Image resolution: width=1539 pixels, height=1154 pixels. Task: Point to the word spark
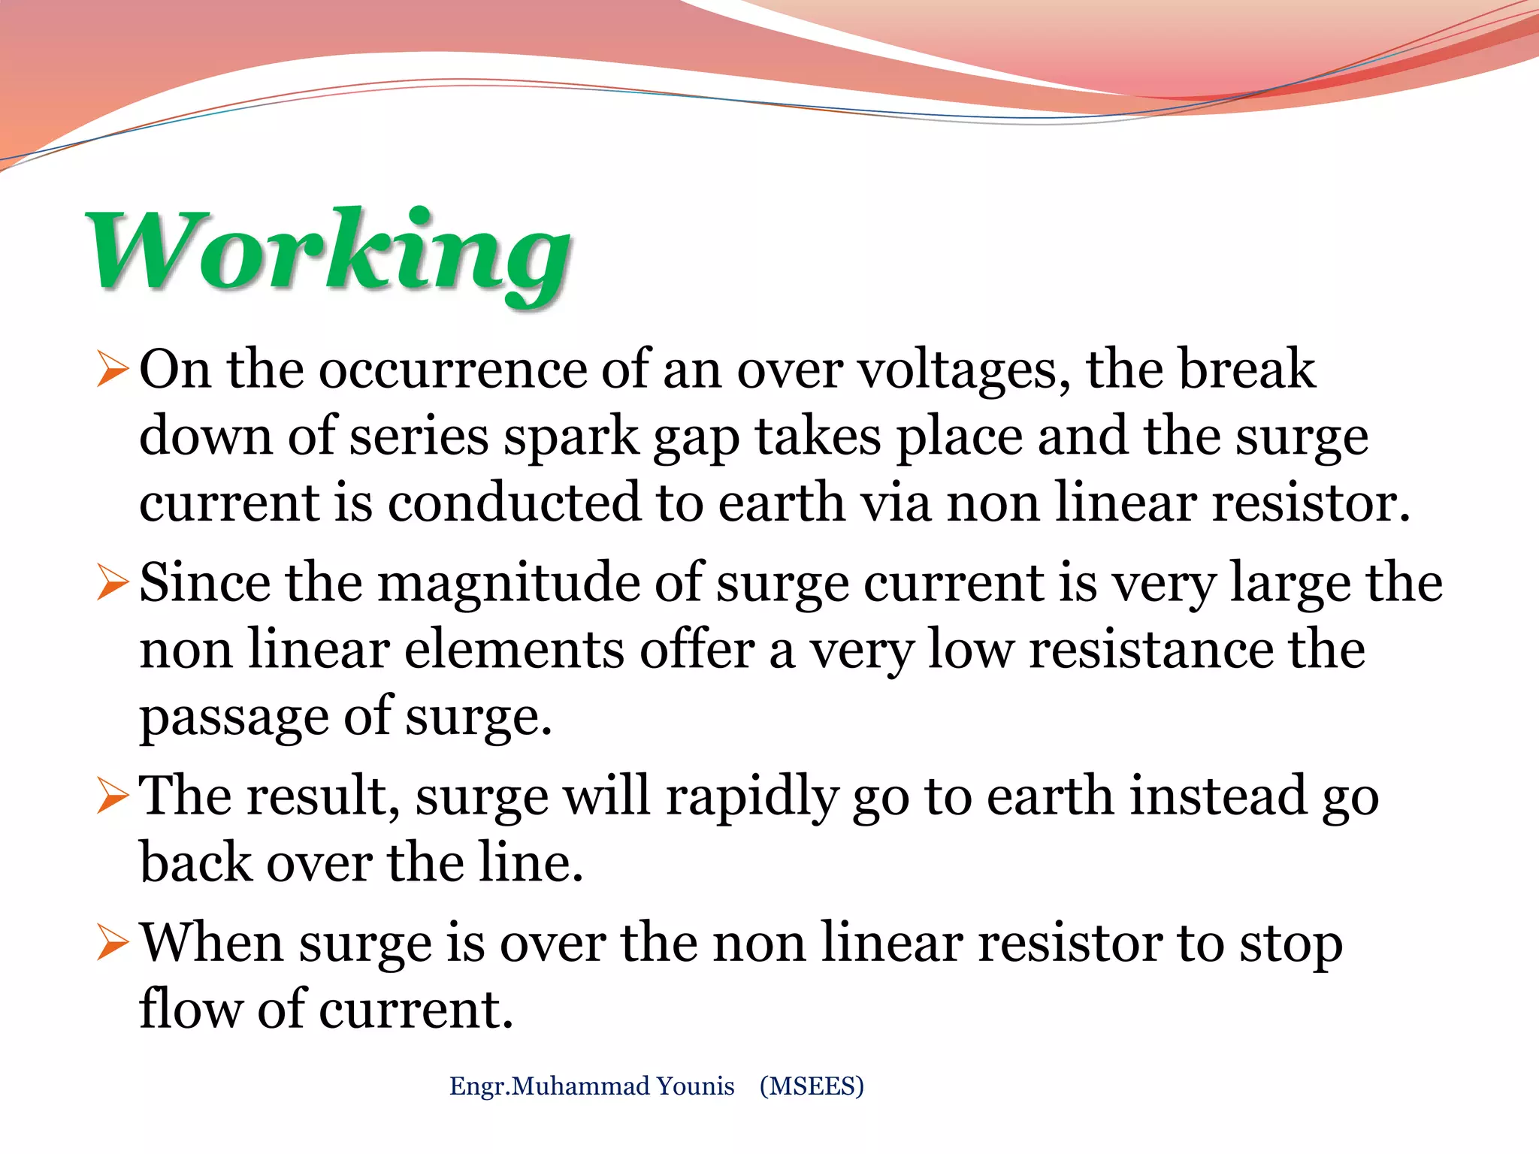tap(570, 438)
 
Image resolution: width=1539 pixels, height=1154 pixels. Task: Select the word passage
tap(234, 717)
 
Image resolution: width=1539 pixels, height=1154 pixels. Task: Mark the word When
tap(212, 942)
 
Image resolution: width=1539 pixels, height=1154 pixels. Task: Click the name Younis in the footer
tap(695, 1086)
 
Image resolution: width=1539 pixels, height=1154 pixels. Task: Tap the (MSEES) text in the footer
tap(812, 1086)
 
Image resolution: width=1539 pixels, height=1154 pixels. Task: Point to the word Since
tap(204, 584)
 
